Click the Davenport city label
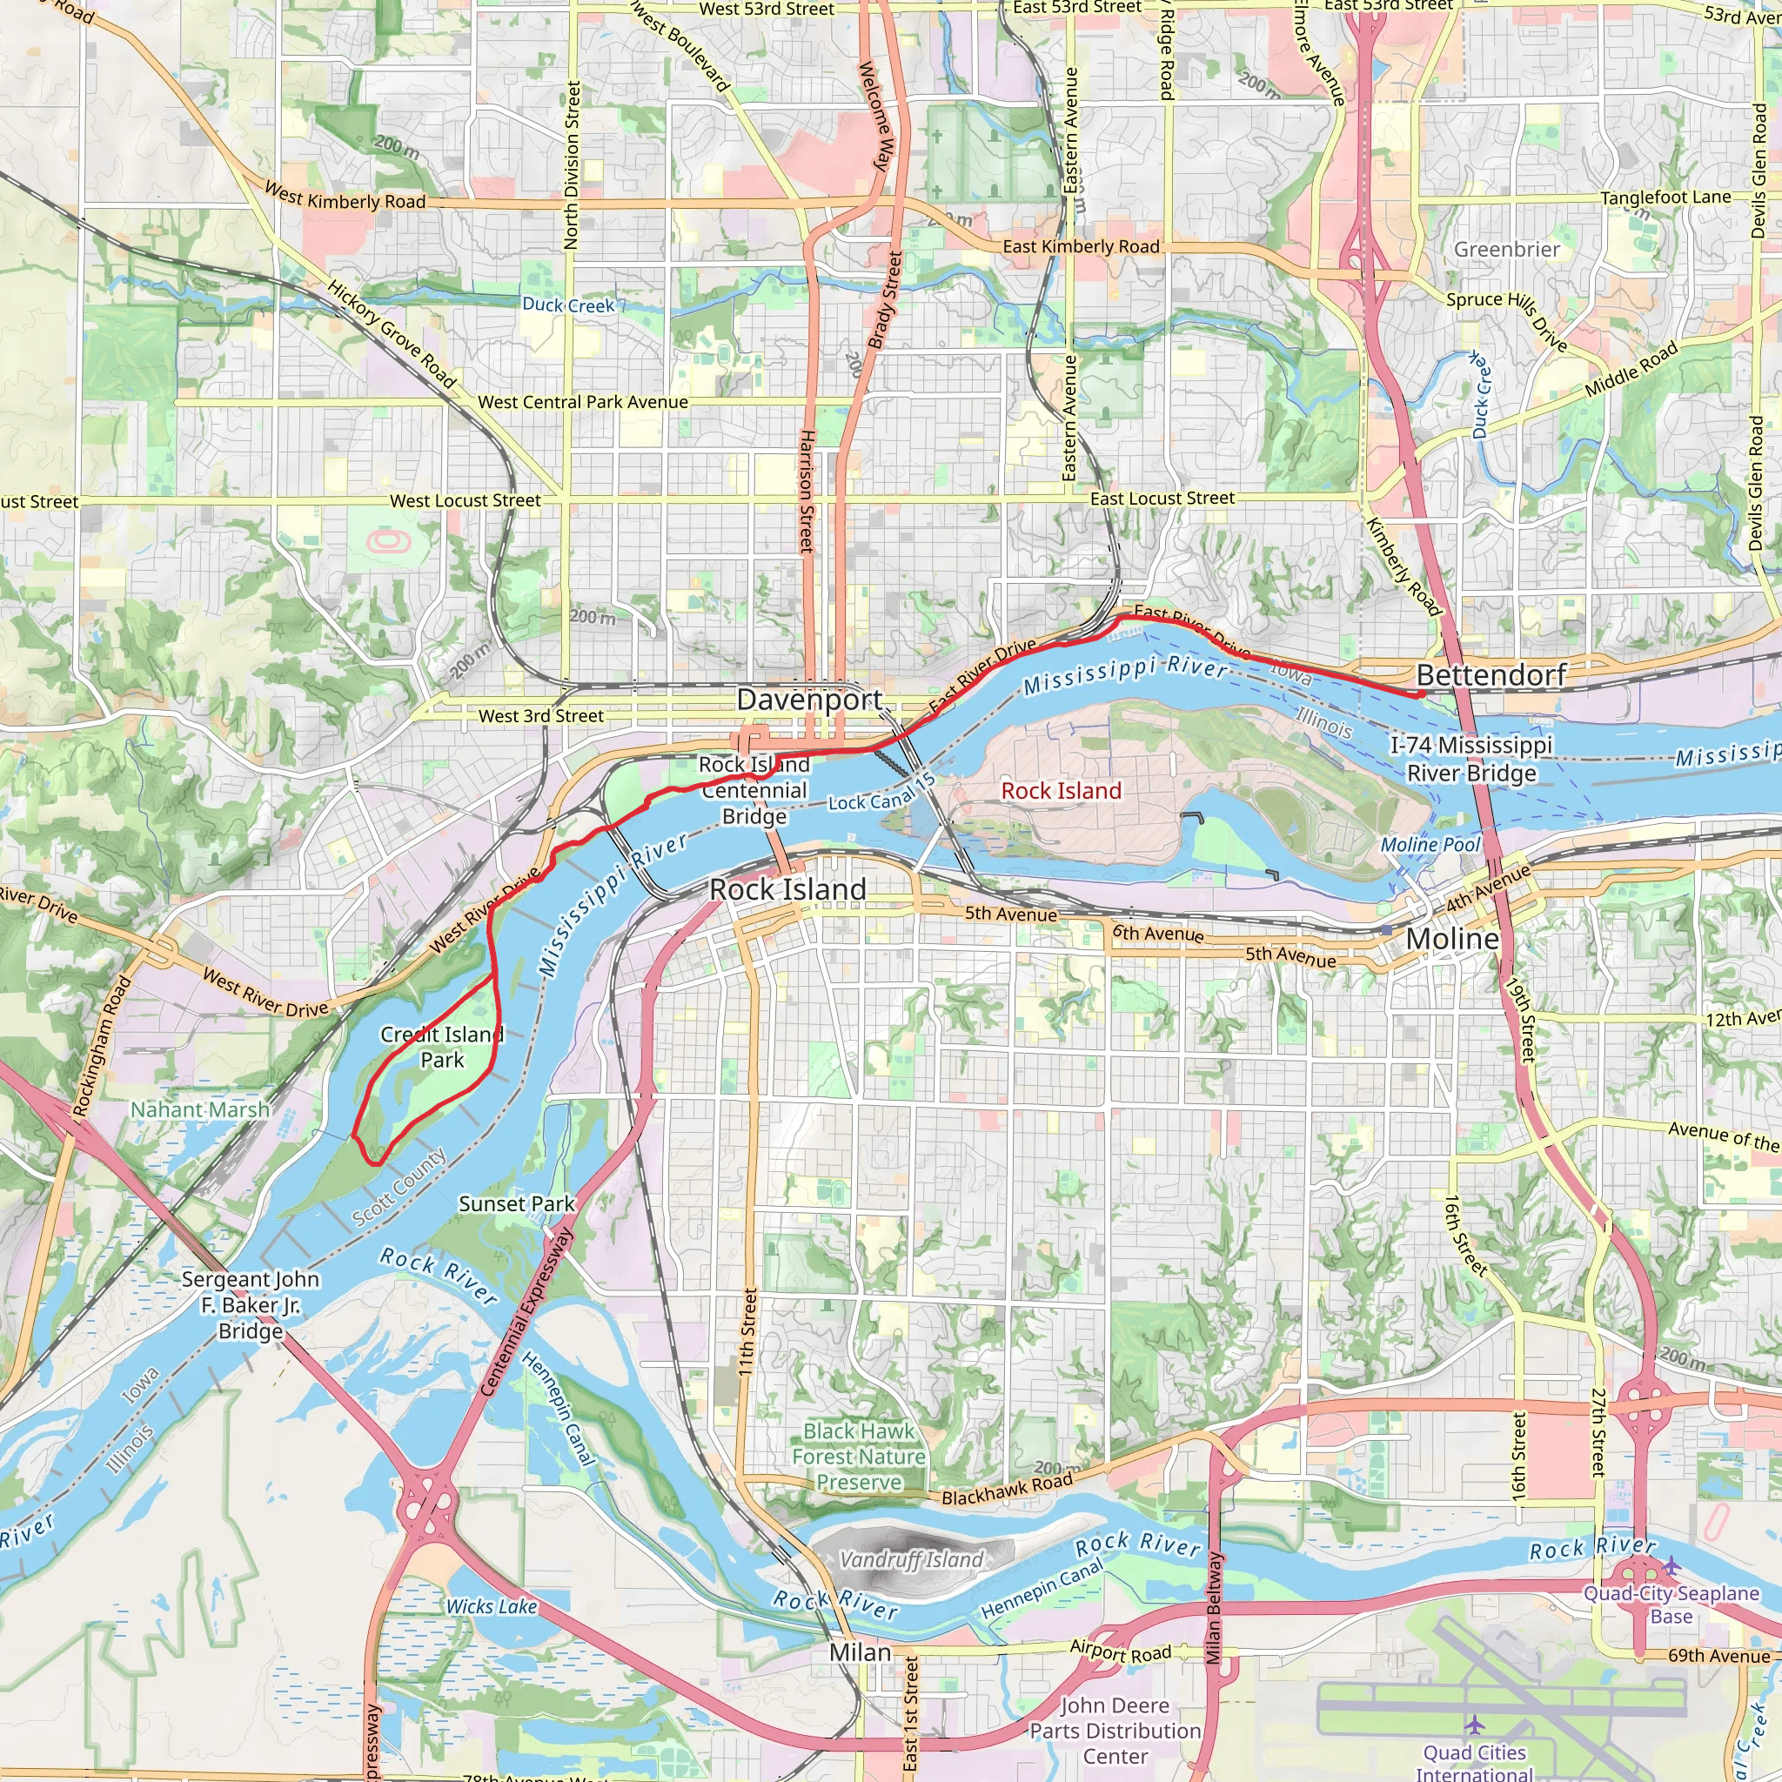(x=809, y=700)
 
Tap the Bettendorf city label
(x=1491, y=675)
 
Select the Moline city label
(x=1452, y=939)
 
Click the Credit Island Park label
(x=442, y=1047)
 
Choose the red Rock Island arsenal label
(x=1061, y=790)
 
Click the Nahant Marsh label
(x=200, y=1109)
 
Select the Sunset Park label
(x=517, y=1203)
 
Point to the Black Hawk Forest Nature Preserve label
(x=859, y=1457)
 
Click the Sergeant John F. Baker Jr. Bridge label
(x=250, y=1305)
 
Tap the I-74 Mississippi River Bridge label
(x=1471, y=758)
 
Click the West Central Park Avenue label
(x=582, y=402)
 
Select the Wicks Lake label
(x=492, y=1607)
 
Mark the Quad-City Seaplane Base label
(x=1671, y=1604)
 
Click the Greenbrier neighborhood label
(x=1506, y=249)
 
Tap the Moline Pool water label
(x=1430, y=845)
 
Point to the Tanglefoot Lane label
(x=1665, y=198)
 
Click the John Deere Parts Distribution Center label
(x=1115, y=1732)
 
